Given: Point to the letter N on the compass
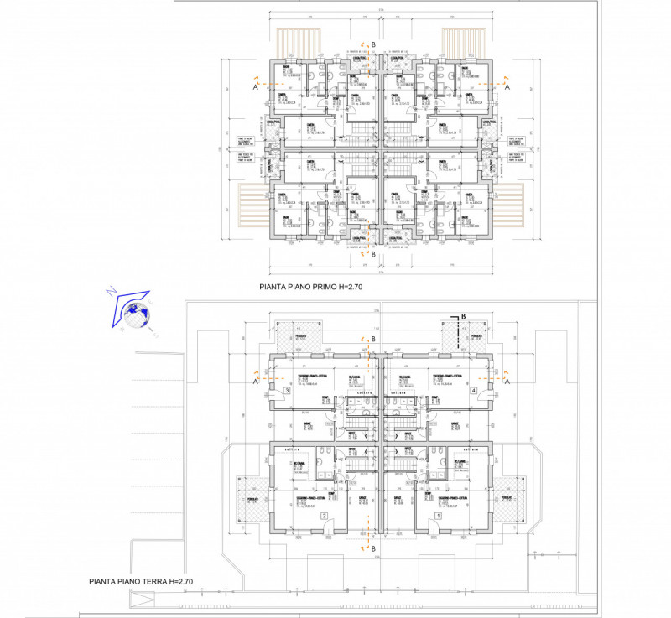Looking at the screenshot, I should coord(110,293).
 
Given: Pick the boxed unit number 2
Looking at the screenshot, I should coord(323,516).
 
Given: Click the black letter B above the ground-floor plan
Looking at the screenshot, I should coord(463,317).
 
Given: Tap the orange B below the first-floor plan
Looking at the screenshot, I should coord(374,253).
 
